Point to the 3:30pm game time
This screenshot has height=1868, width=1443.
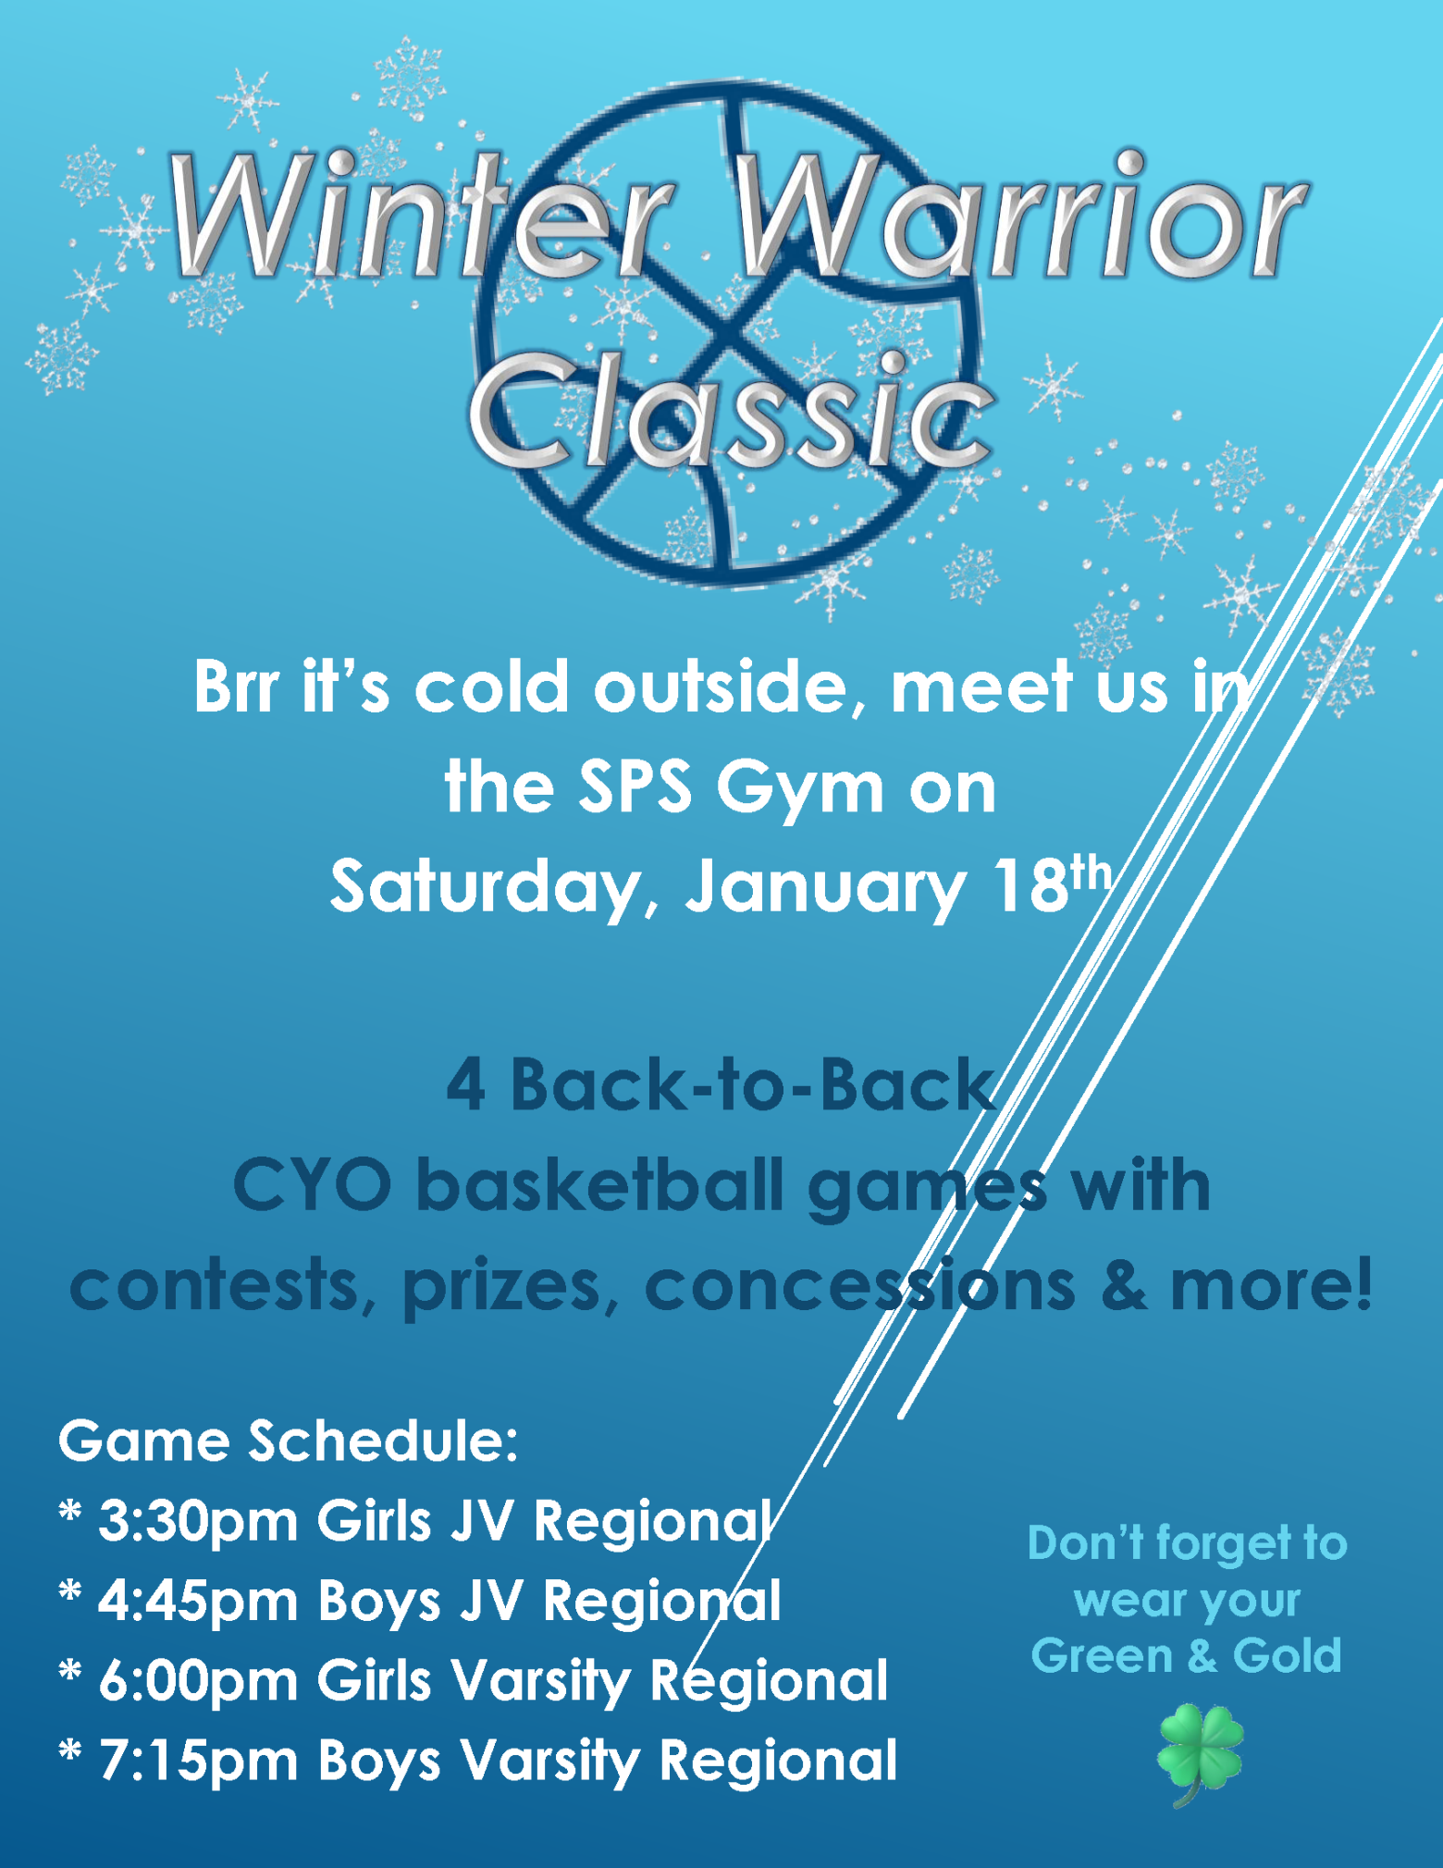click(x=197, y=1522)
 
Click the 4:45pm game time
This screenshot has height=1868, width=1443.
click(x=197, y=1602)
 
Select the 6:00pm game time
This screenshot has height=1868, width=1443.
click(x=198, y=1681)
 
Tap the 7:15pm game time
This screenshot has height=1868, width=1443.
click(x=198, y=1761)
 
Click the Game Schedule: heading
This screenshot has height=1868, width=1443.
click(x=288, y=1441)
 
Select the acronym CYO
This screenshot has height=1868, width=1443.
click(x=312, y=1185)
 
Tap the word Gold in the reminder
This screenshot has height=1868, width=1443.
click(x=1287, y=1656)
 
